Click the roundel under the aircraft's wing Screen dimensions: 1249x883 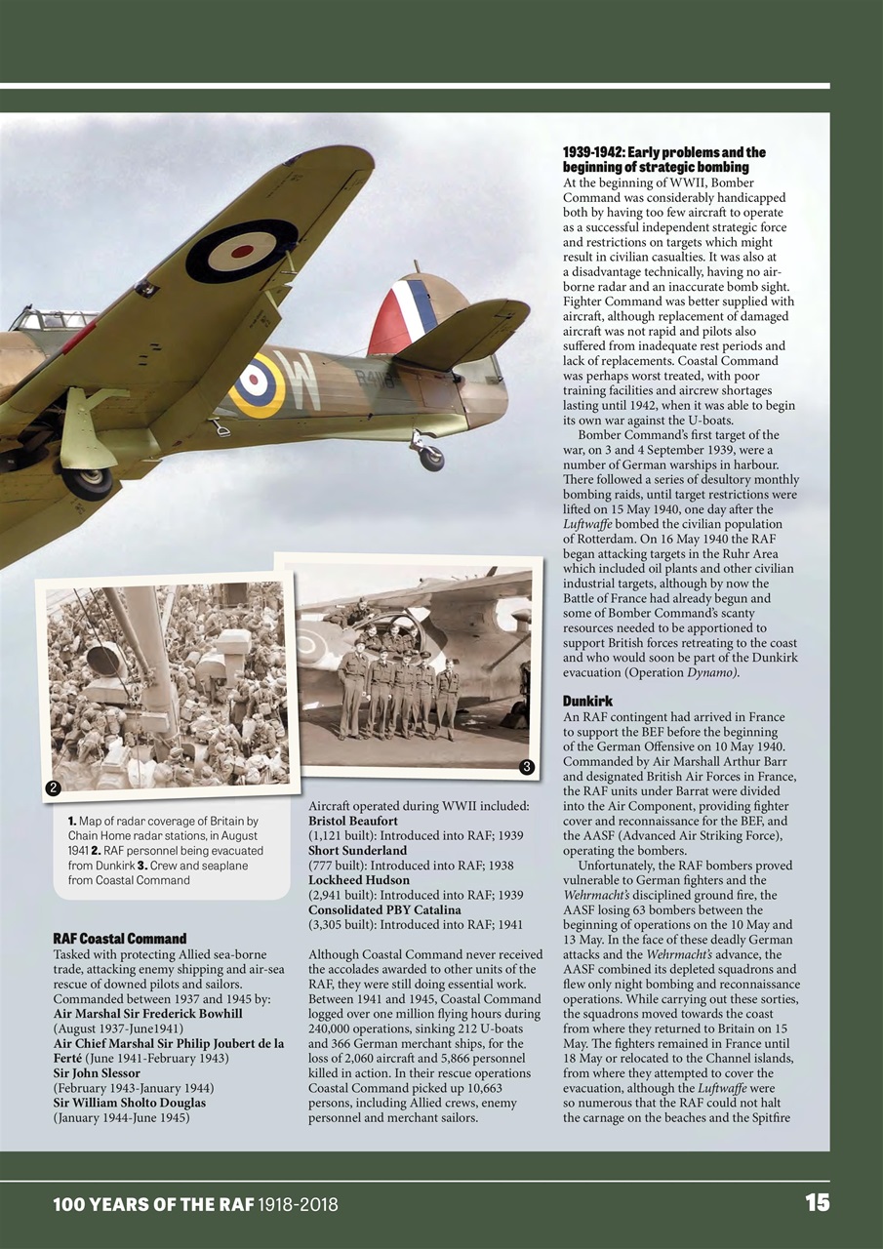click(x=241, y=251)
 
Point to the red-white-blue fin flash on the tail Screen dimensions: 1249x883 click(x=400, y=315)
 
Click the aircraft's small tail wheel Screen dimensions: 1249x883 click(x=430, y=457)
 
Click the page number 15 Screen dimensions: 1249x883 click(x=817, y=1203)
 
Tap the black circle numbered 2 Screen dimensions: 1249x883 click(x=53, y=787)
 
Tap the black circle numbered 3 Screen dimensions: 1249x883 click(x=526, y=767)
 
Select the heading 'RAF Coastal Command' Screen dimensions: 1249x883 click(x=119, y=939)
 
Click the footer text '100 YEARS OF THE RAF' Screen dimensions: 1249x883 click(x=153, y=1204)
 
